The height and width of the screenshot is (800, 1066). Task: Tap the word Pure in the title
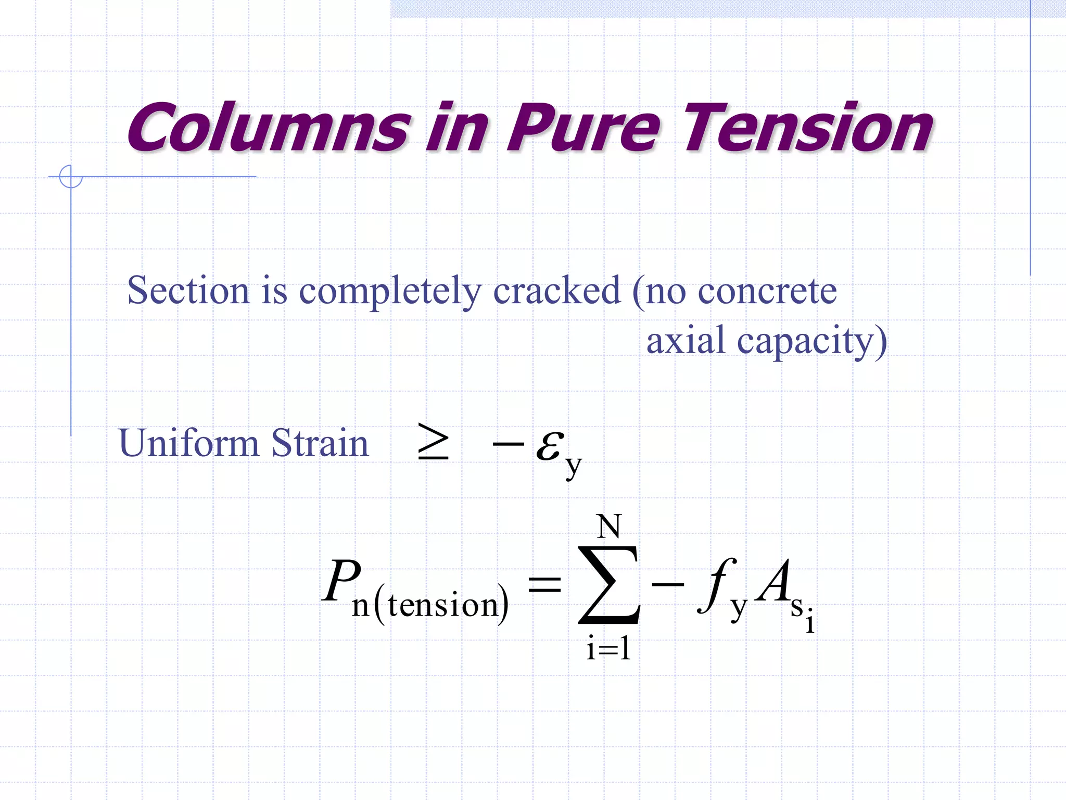(583, 128)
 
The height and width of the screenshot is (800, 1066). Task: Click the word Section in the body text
(188, 291)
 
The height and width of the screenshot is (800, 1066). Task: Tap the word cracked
(556, 291)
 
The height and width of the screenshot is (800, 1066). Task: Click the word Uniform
(188, 443)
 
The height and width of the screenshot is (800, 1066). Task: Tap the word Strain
(320, 443)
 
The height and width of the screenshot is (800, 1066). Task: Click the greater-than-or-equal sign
(433, 442)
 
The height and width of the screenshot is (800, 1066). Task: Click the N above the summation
(608, 527)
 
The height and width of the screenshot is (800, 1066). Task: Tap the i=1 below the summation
(608, 649)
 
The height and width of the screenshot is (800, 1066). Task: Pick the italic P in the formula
(341, 581)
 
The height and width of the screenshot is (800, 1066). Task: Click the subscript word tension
(443, 605)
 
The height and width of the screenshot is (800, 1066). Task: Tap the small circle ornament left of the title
(71, 177)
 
